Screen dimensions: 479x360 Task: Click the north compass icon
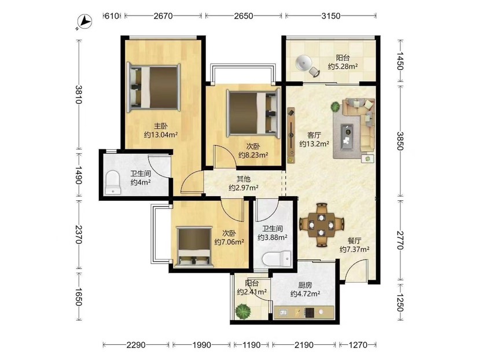pos(84,22)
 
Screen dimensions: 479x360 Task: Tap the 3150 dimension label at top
pos(330,16)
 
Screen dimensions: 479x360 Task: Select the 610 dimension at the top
pos(112,16)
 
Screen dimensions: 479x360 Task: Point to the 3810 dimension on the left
pos(79,94)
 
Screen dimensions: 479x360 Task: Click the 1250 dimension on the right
pos(400,302)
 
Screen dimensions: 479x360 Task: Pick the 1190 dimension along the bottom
pos(252,345)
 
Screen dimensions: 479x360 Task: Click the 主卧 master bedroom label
pos(160,126)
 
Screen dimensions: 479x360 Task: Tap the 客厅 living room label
pos(314,135)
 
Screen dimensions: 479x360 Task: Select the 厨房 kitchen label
pos(305,285)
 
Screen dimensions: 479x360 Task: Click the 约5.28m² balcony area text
pos(342,67)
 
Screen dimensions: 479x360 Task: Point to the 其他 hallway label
pos(244,179)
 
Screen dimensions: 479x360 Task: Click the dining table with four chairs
pos(322,225)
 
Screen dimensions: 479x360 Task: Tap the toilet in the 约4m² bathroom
pos(112,182)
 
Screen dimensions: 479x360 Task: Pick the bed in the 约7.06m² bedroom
pos(194,247)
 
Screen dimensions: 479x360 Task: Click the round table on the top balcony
pos(303,63)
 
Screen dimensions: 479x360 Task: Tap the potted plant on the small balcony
pos(243,311)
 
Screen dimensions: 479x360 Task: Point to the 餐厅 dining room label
pos(355,241)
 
